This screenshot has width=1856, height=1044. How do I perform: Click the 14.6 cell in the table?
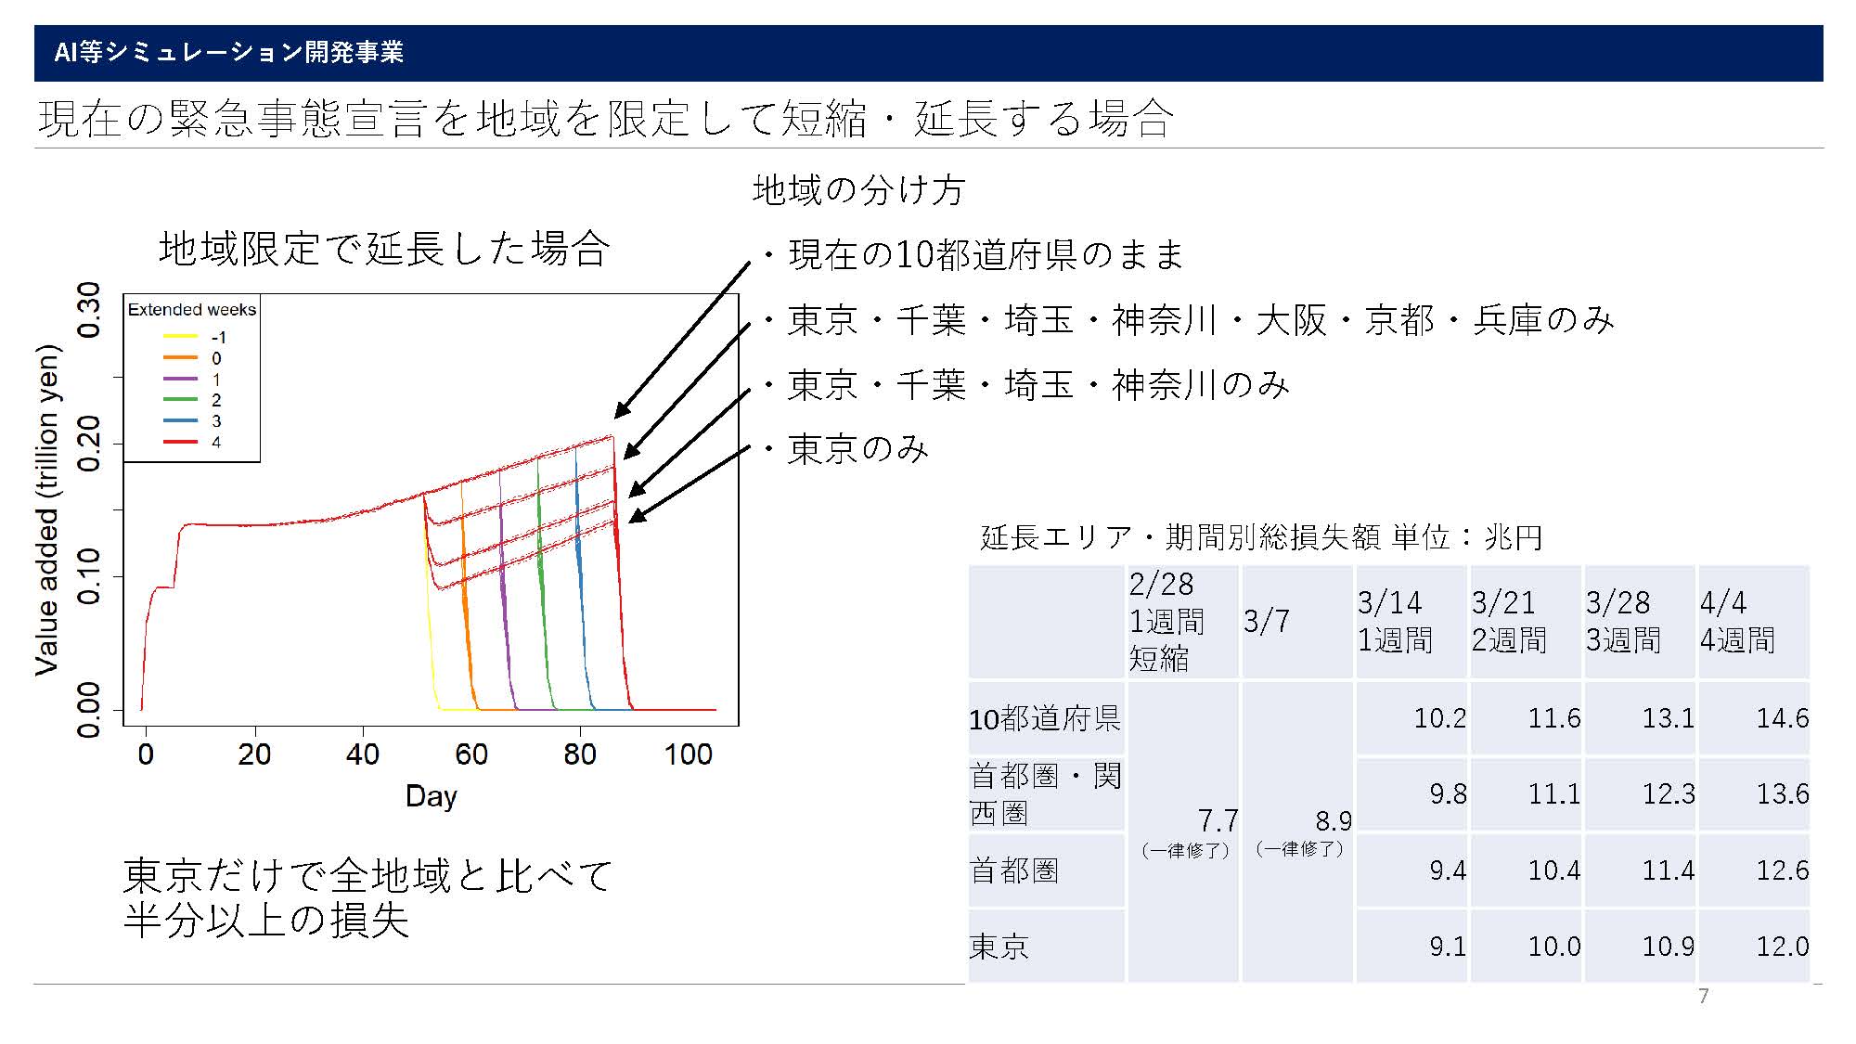[x=1782, y=718]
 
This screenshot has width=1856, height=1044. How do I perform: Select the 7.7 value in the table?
[x=1218, y=820]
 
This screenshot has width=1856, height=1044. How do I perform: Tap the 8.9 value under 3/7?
[x=1334, y=820]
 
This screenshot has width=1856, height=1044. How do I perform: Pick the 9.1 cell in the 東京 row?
[x=1448, y=947]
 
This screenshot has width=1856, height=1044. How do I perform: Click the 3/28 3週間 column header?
[x=1624, y=621]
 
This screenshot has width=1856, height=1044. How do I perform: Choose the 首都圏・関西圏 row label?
[x=1046, y=794]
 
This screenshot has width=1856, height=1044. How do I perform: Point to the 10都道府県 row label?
[x=1045, y=718]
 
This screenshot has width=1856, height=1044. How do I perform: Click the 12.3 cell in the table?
[x=1669, y=794]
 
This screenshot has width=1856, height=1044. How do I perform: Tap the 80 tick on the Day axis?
[x=580, y=754]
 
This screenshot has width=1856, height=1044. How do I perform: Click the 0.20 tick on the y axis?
[x=89, y=444]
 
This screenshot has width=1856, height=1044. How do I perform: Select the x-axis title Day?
[x=432, y=796]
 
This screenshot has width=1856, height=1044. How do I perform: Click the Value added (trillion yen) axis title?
[x=47, y=509]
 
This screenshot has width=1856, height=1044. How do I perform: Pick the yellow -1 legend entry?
[x=195, y=338]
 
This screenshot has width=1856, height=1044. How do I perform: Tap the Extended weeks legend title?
[x=192, y=310]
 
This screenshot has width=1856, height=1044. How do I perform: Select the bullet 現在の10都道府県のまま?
[x=973, y=254]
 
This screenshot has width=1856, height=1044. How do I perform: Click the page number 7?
[x=1703, y=997]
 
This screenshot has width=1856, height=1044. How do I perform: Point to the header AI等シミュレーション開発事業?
[x=229, y=52]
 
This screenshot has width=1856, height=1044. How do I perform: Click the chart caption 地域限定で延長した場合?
[x=384, y=249]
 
